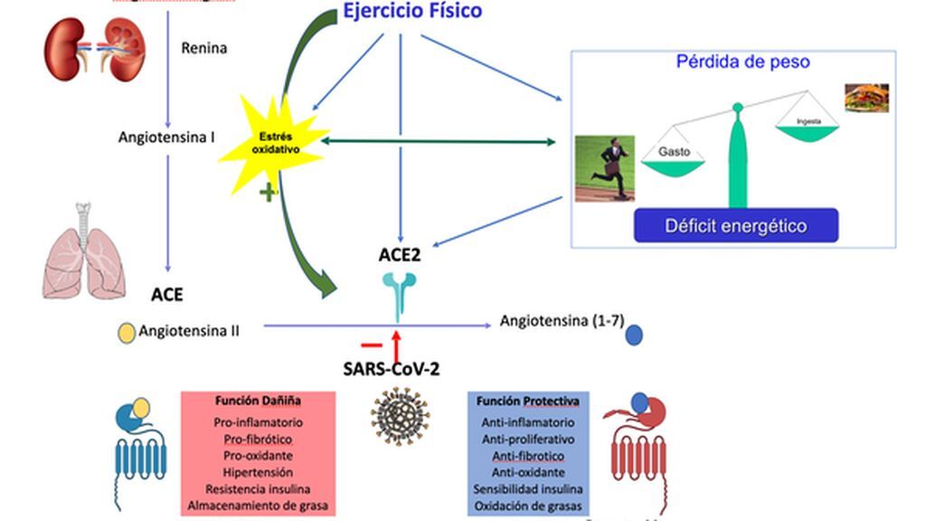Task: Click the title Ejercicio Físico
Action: tap(411, 12)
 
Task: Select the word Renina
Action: tap(204, 47)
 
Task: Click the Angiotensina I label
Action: tap(166, 138)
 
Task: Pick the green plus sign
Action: tap(268, 192)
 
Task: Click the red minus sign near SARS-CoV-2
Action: tap(372, 345)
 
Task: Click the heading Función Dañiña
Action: tap(258, 400)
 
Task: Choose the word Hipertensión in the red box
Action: tap(258, 472)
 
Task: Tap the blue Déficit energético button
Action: tap(735, 225)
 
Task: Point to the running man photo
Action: tap(606, 168)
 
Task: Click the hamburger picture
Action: tap(866, 98)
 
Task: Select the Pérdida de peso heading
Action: tap(742, 62)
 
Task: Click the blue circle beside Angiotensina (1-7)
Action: tap(635, 336)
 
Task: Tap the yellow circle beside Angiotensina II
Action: tap(127, 332)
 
